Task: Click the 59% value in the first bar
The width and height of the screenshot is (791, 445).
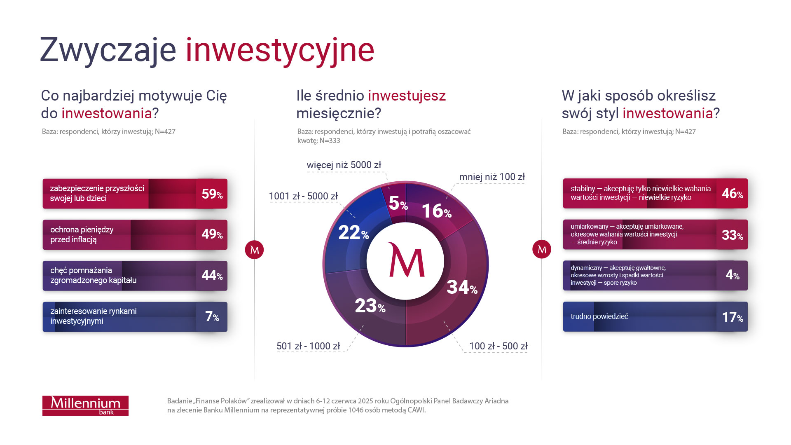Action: [212, 194]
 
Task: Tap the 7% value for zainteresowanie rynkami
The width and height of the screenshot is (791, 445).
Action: [212, 316]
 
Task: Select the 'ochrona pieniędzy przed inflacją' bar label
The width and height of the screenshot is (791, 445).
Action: [82, 234]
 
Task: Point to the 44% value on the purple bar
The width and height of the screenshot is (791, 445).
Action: [212, 275]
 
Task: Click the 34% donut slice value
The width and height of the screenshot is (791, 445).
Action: [461, 287]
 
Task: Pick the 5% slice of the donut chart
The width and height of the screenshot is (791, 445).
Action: [398, 203]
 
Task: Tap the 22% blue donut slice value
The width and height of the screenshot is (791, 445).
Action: [353, 233]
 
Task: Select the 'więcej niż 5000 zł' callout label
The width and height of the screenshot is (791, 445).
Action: [344, 165]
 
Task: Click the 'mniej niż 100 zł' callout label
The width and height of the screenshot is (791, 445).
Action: [492, 177]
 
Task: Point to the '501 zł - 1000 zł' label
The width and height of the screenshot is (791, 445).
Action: [308, 346]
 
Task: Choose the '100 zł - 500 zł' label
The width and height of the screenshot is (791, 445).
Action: [498, 346]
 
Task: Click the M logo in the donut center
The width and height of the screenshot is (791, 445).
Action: [406, 261]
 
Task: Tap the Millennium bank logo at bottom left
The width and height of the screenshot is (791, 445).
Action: [85, 405]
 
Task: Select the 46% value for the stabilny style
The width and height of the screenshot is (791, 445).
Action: [732, 193]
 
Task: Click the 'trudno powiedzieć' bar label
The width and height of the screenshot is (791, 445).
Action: [599, 316]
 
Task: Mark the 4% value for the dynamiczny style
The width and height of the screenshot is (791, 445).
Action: [732, 275]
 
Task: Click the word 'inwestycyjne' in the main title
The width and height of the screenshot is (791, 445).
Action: [280, 50]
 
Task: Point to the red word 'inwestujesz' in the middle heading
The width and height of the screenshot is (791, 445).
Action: [407, 96]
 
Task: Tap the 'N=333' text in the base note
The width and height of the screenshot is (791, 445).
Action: [330, 141]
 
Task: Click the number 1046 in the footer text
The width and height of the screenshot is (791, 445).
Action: [357, 410]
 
